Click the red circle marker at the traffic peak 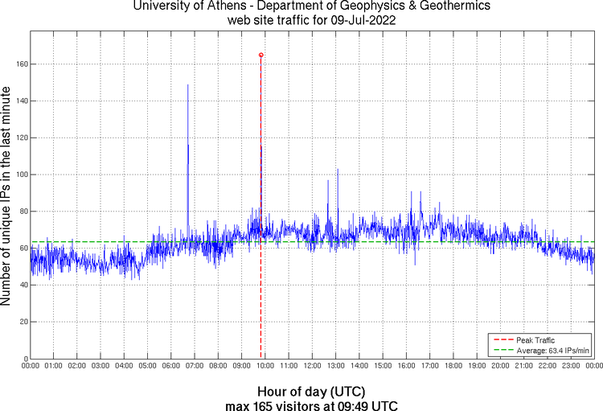(x=261, y=55)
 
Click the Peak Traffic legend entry (x=535, y=340)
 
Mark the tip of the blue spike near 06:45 (x=188, y=84)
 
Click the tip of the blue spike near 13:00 (x=338, y=170)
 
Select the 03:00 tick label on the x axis (x=100, y=366)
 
